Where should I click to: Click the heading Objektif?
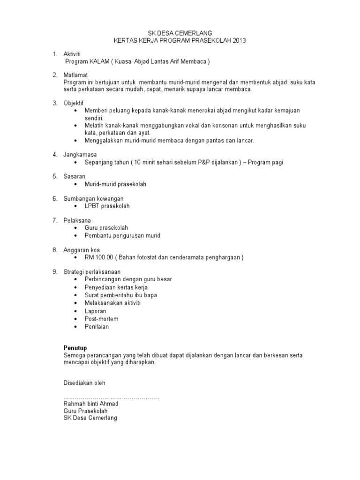[x=74, y=103]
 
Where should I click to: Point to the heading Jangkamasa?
[x=80, y=154]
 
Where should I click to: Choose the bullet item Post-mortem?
[x=101, y=319]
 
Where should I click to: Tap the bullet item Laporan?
[x=95, y=311]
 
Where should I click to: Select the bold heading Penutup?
[x=75, y=347]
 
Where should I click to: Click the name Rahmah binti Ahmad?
[x=91, y=404]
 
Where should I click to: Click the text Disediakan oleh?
[x=84, y=383]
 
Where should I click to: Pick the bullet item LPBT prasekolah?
[x=107, y=206]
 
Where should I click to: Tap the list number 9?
[x=54, y=271]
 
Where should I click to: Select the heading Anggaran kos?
[x=82, y=250]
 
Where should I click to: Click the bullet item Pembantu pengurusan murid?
[x=122, y=235]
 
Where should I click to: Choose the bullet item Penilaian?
[x=97, y=327]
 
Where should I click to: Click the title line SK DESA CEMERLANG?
[x=180, y=33]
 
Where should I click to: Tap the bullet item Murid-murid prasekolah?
[x=115, y=184]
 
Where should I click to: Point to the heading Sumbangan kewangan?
[x=93, y=198]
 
